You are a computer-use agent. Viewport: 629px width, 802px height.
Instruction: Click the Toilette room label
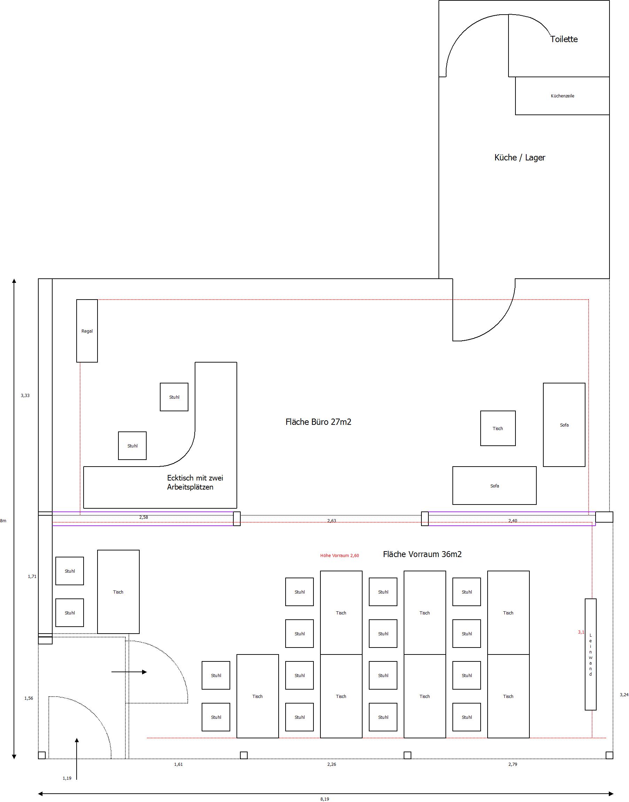564,39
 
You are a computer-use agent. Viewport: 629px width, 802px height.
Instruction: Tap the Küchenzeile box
562,96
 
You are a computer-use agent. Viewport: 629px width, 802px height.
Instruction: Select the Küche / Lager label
520,158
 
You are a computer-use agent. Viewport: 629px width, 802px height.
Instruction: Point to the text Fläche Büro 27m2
318,422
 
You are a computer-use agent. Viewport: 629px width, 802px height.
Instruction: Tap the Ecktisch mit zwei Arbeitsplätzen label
195,482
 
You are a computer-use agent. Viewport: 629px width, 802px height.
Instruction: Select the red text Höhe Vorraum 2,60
340,556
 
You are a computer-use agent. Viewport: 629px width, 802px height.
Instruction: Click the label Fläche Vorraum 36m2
422,554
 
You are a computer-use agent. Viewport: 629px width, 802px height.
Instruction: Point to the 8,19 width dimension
325,799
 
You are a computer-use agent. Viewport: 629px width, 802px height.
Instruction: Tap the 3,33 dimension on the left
25,396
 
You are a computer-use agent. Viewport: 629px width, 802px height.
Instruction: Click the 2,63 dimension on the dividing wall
332,521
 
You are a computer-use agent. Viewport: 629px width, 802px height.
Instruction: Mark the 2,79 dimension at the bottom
513,764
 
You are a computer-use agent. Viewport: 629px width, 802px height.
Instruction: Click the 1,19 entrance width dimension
67,778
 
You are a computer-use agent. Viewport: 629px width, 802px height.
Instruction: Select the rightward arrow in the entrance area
129,672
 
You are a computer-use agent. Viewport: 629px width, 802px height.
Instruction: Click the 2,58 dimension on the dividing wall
143,517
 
